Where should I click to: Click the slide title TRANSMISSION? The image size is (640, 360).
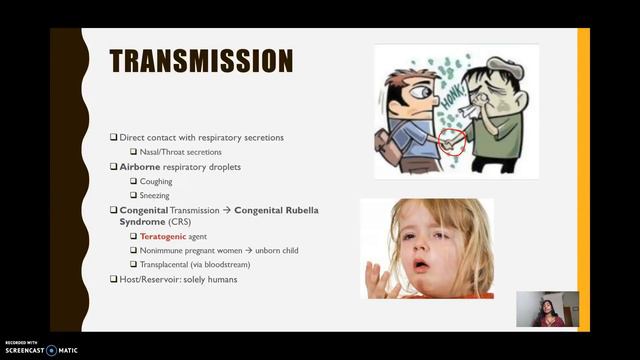tap(201, 62)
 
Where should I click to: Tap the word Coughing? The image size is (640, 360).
tap(156, 182)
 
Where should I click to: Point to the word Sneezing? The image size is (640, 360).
tap(156, 196)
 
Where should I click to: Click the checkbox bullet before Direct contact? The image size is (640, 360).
tap(113, 137)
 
